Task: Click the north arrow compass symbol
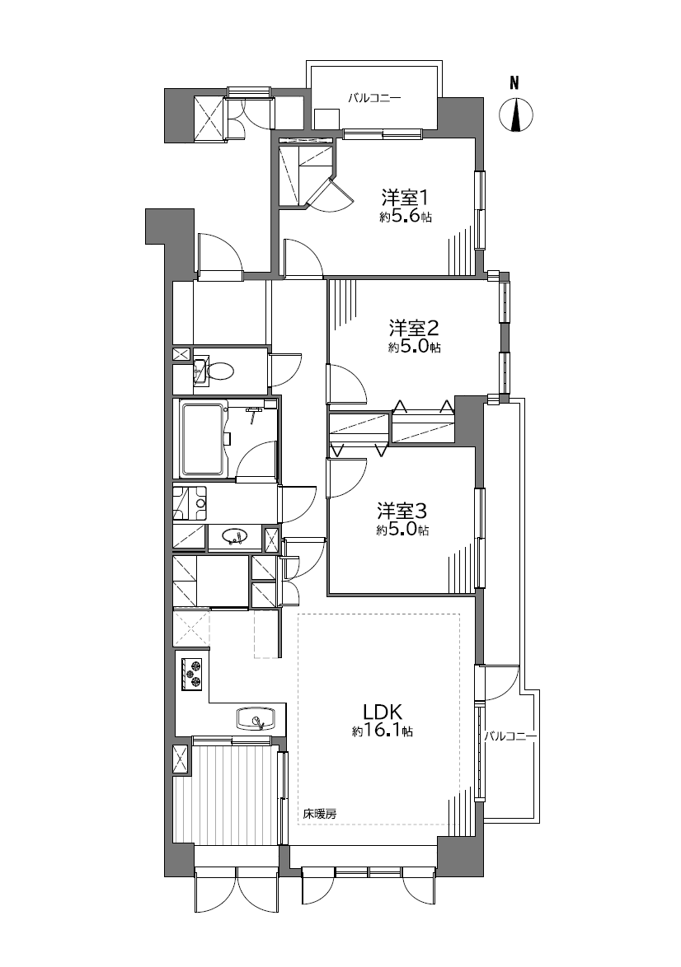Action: click(514, 114)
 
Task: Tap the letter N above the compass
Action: click(514, 82)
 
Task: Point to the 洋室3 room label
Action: click(402, 511)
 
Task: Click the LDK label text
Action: click(383, 712)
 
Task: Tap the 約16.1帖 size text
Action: click(383, 731)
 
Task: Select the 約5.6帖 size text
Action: click(406, 217)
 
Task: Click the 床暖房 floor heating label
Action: click(320, 814)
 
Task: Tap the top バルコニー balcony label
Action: click(374, 97)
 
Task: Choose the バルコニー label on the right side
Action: click(510, 736)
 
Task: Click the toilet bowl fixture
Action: click(219, 371)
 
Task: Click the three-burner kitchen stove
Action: click(193, 674)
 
